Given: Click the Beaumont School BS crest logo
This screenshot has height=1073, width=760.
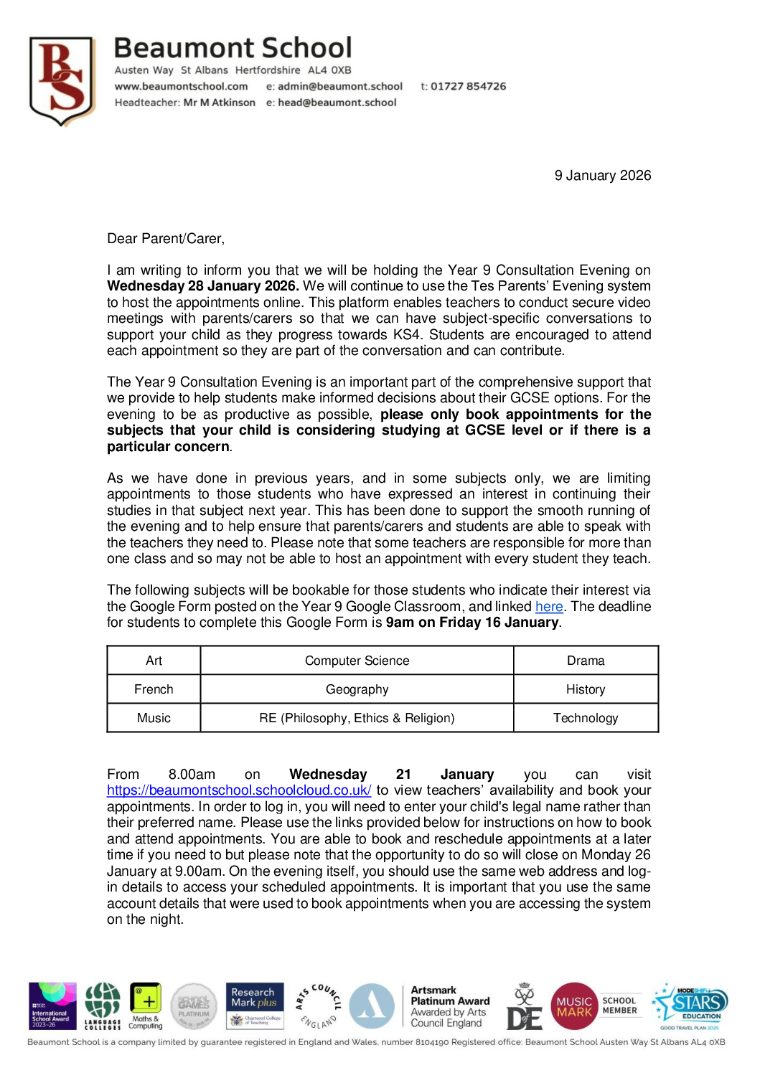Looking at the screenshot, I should [62, 80].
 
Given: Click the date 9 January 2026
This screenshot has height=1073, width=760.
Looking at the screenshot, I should [602, 176].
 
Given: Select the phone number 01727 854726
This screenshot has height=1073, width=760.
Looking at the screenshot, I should [468, 86].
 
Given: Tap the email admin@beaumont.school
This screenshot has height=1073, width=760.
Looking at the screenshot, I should [339, 86].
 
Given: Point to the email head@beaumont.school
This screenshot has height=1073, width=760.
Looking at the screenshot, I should [337, 103].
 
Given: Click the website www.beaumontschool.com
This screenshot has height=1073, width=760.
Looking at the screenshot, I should [181, 86].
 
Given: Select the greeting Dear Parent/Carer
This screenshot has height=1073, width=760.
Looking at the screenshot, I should [166, 239].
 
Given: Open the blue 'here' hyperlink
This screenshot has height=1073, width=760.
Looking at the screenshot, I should [549, 607].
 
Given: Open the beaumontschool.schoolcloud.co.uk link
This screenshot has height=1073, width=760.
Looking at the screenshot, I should [239, 790].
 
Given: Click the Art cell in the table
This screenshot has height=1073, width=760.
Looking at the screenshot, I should [154, 661].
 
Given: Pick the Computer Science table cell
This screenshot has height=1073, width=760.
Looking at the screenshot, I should [357, 661].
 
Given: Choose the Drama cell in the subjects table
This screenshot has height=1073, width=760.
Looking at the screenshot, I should [586, 661].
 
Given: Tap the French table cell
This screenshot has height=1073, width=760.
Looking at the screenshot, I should [154, 689].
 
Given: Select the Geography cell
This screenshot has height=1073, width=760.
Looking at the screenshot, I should [357, 689].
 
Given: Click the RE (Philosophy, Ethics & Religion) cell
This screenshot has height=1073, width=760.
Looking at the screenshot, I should [357, 718].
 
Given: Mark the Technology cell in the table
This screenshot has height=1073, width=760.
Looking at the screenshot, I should [586, 718].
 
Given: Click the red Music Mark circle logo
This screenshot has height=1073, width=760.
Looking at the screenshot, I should [574, 1006].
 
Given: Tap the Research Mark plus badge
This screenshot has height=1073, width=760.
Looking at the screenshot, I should [255, 1006].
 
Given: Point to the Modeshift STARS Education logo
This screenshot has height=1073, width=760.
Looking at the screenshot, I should [690, 1006].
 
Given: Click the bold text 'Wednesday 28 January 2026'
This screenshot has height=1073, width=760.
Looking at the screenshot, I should [202, 286].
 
